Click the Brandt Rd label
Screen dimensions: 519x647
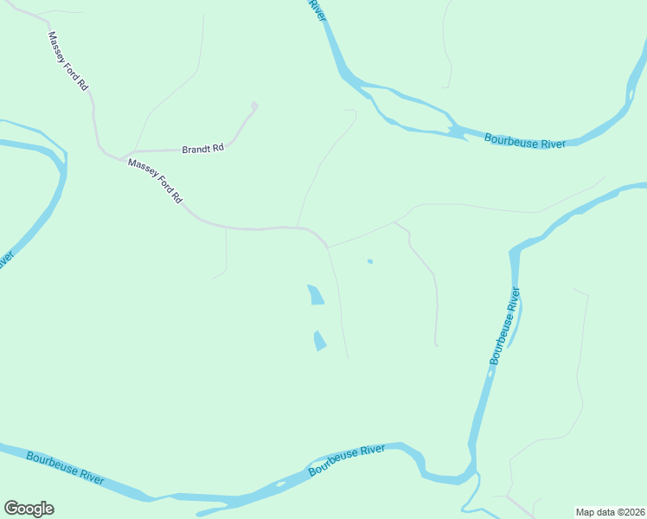point(203,149)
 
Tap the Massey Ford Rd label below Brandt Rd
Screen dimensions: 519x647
point(156,181)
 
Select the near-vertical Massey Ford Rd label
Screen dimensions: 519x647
point(68,62)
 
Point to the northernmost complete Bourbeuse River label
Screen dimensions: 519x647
point(525,141)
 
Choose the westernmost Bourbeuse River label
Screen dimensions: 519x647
point(65,467)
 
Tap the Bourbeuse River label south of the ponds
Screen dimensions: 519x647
point(347,459)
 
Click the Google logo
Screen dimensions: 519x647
point(29,509)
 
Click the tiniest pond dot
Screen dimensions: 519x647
point(369,261)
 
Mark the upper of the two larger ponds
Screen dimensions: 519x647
point(316,294)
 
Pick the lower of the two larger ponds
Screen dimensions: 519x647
point(320,341)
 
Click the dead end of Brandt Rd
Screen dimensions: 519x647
point(254,106)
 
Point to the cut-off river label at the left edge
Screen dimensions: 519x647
point(5,259)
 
